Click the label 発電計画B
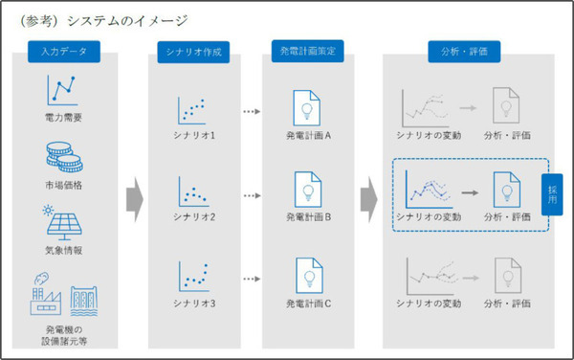pyautogui.click(x=307, y=217)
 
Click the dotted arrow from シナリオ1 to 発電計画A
pyautogui.click(x=251, y=111)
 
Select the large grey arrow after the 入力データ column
pyautogui.click(x=134, y=197)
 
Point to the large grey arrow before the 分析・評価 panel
pyautogui.click(x=367, y=197)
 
